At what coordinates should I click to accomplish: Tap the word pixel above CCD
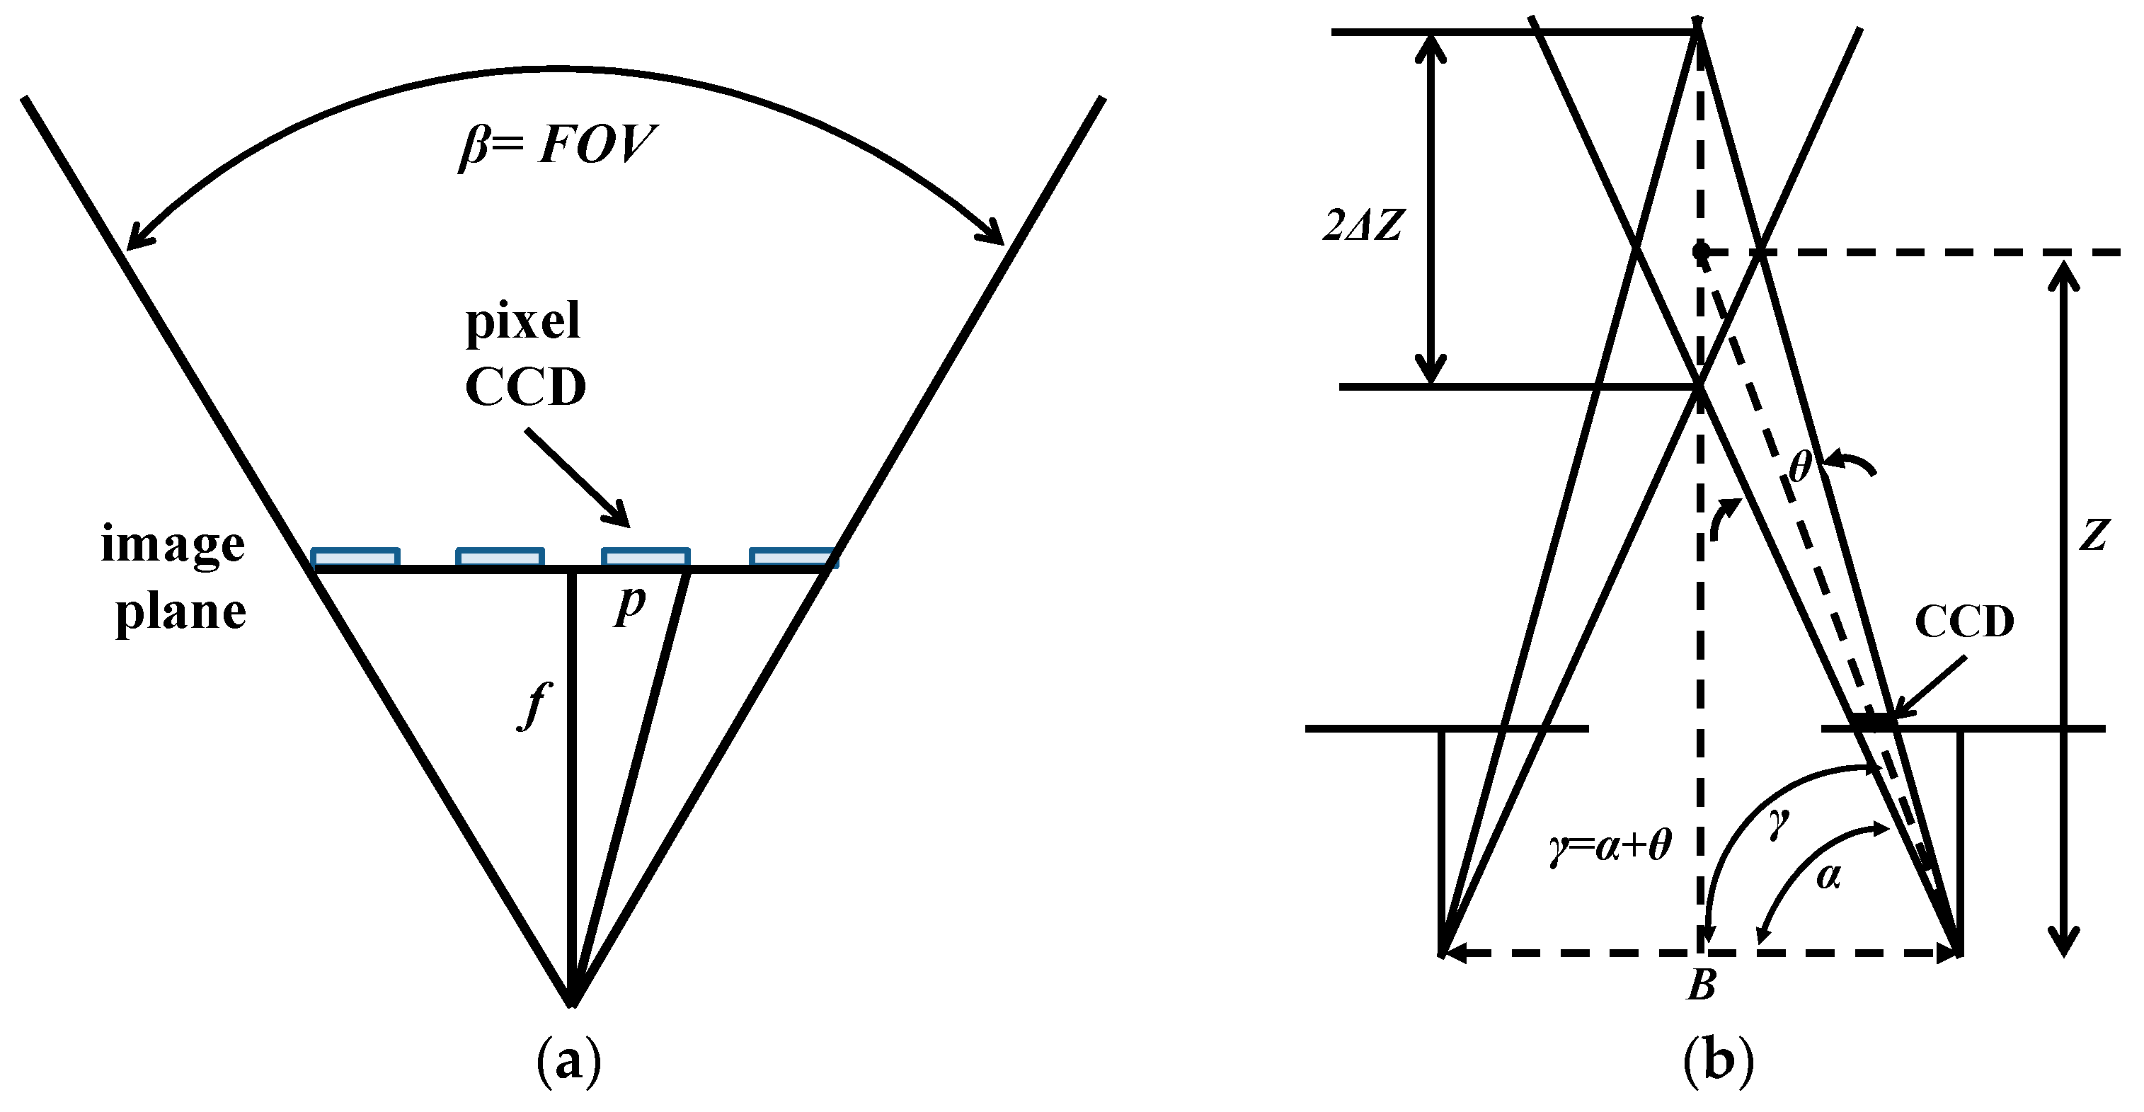coord(522,322)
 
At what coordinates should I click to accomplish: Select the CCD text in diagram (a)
coord(525,387)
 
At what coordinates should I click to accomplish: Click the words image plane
coord(174,578)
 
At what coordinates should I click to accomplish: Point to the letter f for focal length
coord(535,704)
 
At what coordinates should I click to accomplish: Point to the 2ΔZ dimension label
coord(1363,224)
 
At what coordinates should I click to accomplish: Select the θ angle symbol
coord(1800,467)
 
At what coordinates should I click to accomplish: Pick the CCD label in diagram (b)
coord(1964,621)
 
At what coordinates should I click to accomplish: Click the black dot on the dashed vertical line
coord(1700,250)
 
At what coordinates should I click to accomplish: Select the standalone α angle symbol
coord(1828,876)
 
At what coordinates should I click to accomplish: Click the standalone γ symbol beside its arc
coord(1779,824)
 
